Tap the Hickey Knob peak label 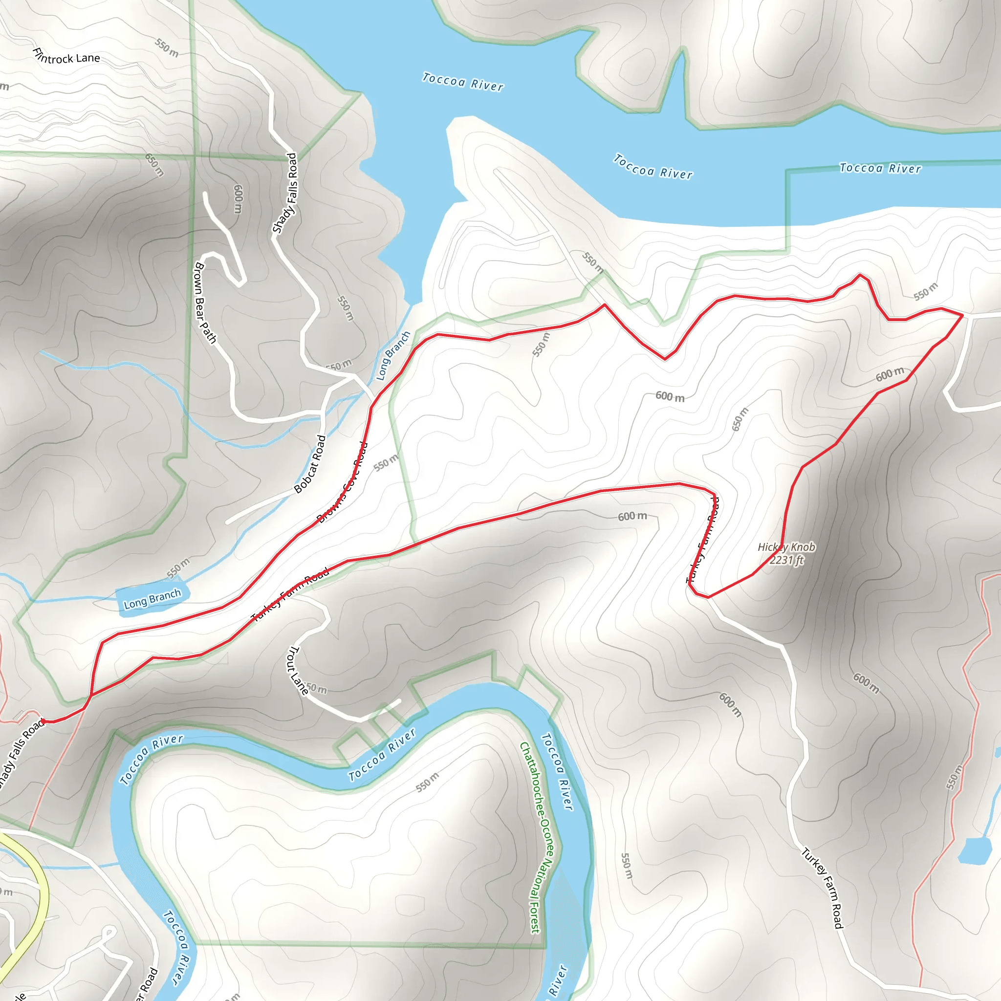pyautogui.click(x=786, y=547)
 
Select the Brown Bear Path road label pyautogui.click(x=205, y=303)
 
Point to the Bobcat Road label pyautogui.click(x=310, y=464)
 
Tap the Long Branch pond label pyautogui.click(x=152, y=599)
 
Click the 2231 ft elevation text pyautogui.click(x=786, y=560)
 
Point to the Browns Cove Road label pyautogui.click(x=343, y=482)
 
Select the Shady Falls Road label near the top pyautogui.click(x=285, y=193)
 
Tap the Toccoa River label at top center pyautogui.click(x=463, y=82)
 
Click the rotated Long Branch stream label pyautogui.click(x=393, y=355)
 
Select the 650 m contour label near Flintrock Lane pyautogui.click(x=154, y=165)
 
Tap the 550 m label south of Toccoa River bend pyautogui.click(x=428, y=782)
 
